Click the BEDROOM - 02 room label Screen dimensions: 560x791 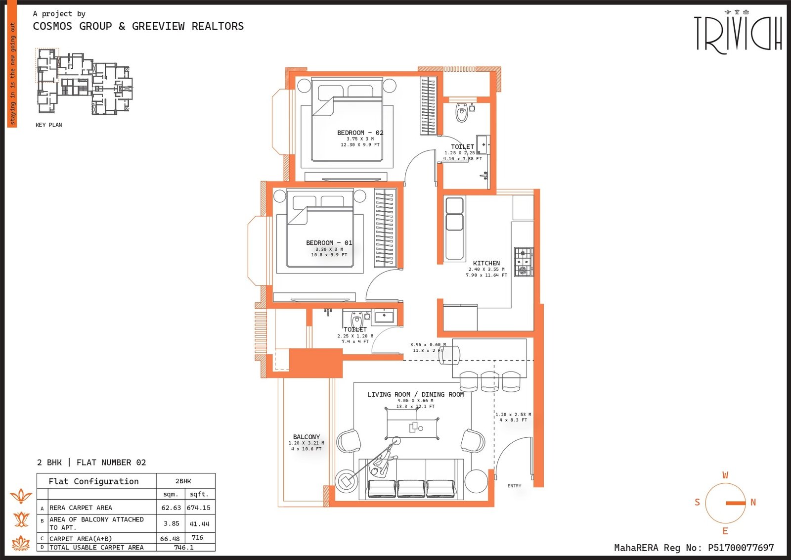click(360, 133)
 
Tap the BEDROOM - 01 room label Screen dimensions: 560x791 click(329, 243)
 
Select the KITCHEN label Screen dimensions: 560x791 click(486, 263)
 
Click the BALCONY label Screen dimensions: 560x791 click(307, 437)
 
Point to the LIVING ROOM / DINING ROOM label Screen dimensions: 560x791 click(415, 394)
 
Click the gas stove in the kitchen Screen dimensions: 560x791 click(524, 262)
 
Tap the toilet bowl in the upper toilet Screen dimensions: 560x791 click(462, 113)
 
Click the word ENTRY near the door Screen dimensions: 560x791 click(514, 486)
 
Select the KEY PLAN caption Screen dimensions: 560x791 click(48, 125)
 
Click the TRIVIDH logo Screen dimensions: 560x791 click(738, 34)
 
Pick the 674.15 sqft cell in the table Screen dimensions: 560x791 click(199, 508)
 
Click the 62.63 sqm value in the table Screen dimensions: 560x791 click(171, 508)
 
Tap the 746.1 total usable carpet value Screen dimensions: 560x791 click(184, 548)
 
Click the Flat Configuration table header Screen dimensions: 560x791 click(93, 481)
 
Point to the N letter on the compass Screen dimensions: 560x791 click(753, 502)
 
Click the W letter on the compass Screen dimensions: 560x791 click(725, 475)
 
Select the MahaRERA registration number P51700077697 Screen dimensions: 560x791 click(741, 548)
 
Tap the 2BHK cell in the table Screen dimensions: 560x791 click(183, 481)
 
